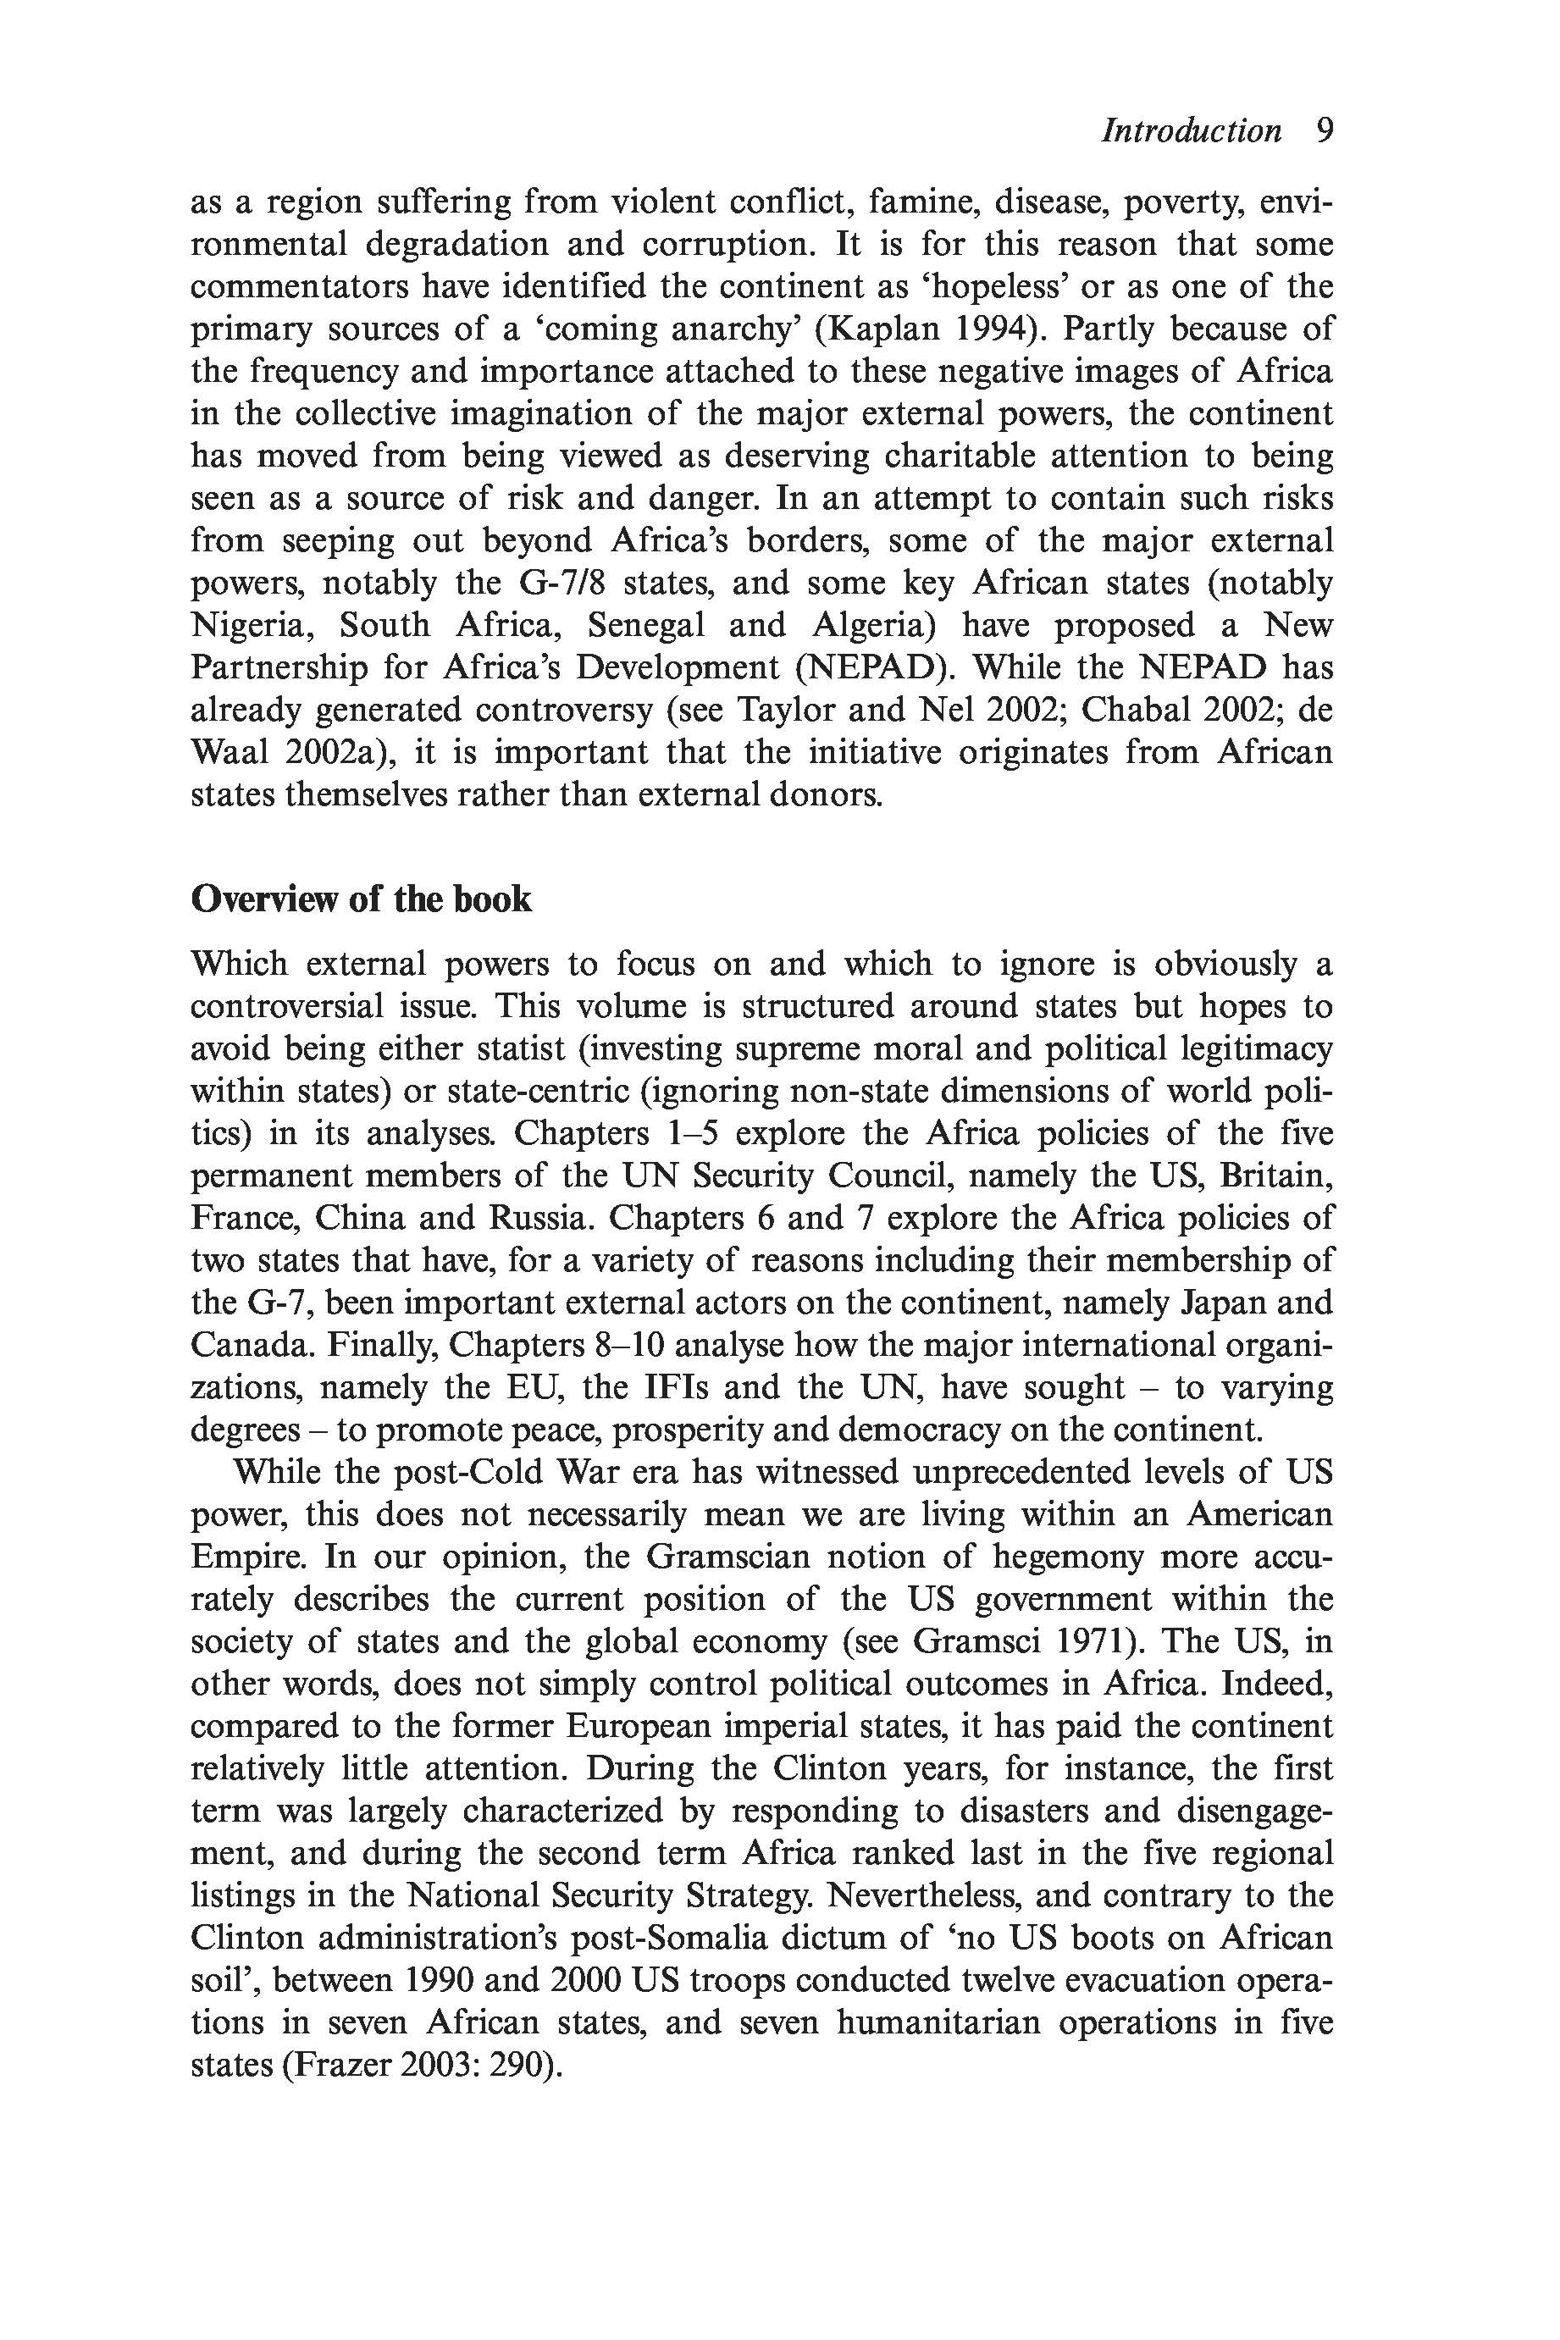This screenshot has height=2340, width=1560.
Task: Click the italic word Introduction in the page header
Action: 1190,131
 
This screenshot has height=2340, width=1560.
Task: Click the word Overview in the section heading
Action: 262,899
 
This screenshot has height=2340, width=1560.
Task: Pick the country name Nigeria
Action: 251,626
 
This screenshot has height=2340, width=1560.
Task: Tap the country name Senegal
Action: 647,626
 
